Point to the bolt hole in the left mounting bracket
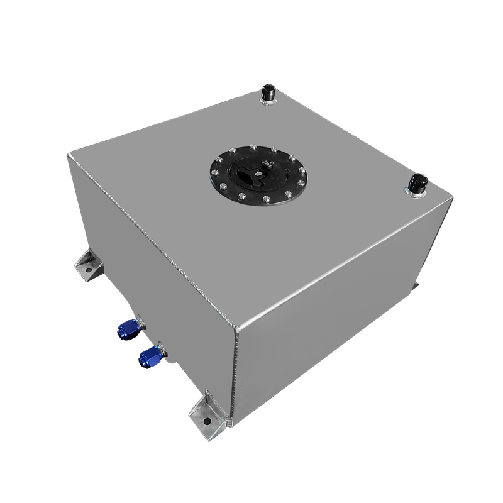point(89,272)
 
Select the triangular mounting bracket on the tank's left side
point(86,267)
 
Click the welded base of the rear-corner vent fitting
point(270,102)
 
